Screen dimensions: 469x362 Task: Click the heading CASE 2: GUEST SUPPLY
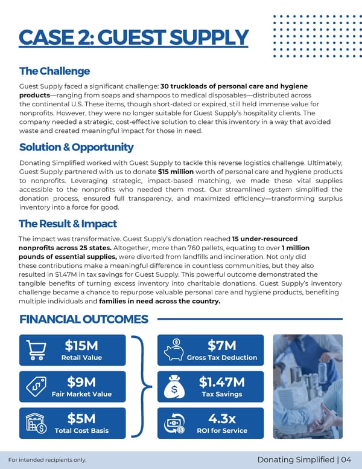pos(133,37)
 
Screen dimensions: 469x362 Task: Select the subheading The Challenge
pos(54,71)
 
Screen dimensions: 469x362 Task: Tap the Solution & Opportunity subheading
pos(76,147)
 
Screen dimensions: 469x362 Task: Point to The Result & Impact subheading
pos(68,224)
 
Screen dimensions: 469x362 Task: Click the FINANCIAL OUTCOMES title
pos(83,319)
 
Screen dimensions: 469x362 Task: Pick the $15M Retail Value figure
pos(81,346)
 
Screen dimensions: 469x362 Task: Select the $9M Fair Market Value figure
pos(81,382)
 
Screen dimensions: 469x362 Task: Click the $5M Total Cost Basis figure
pos(81,418)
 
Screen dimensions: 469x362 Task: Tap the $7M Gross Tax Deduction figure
pos(221,346)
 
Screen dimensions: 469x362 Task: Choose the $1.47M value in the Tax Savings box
pos(221,382)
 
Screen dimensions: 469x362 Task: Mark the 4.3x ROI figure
pos(221,418)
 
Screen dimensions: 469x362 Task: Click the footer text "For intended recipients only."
pos(52,461)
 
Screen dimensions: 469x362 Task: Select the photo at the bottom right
pos(308,386)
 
